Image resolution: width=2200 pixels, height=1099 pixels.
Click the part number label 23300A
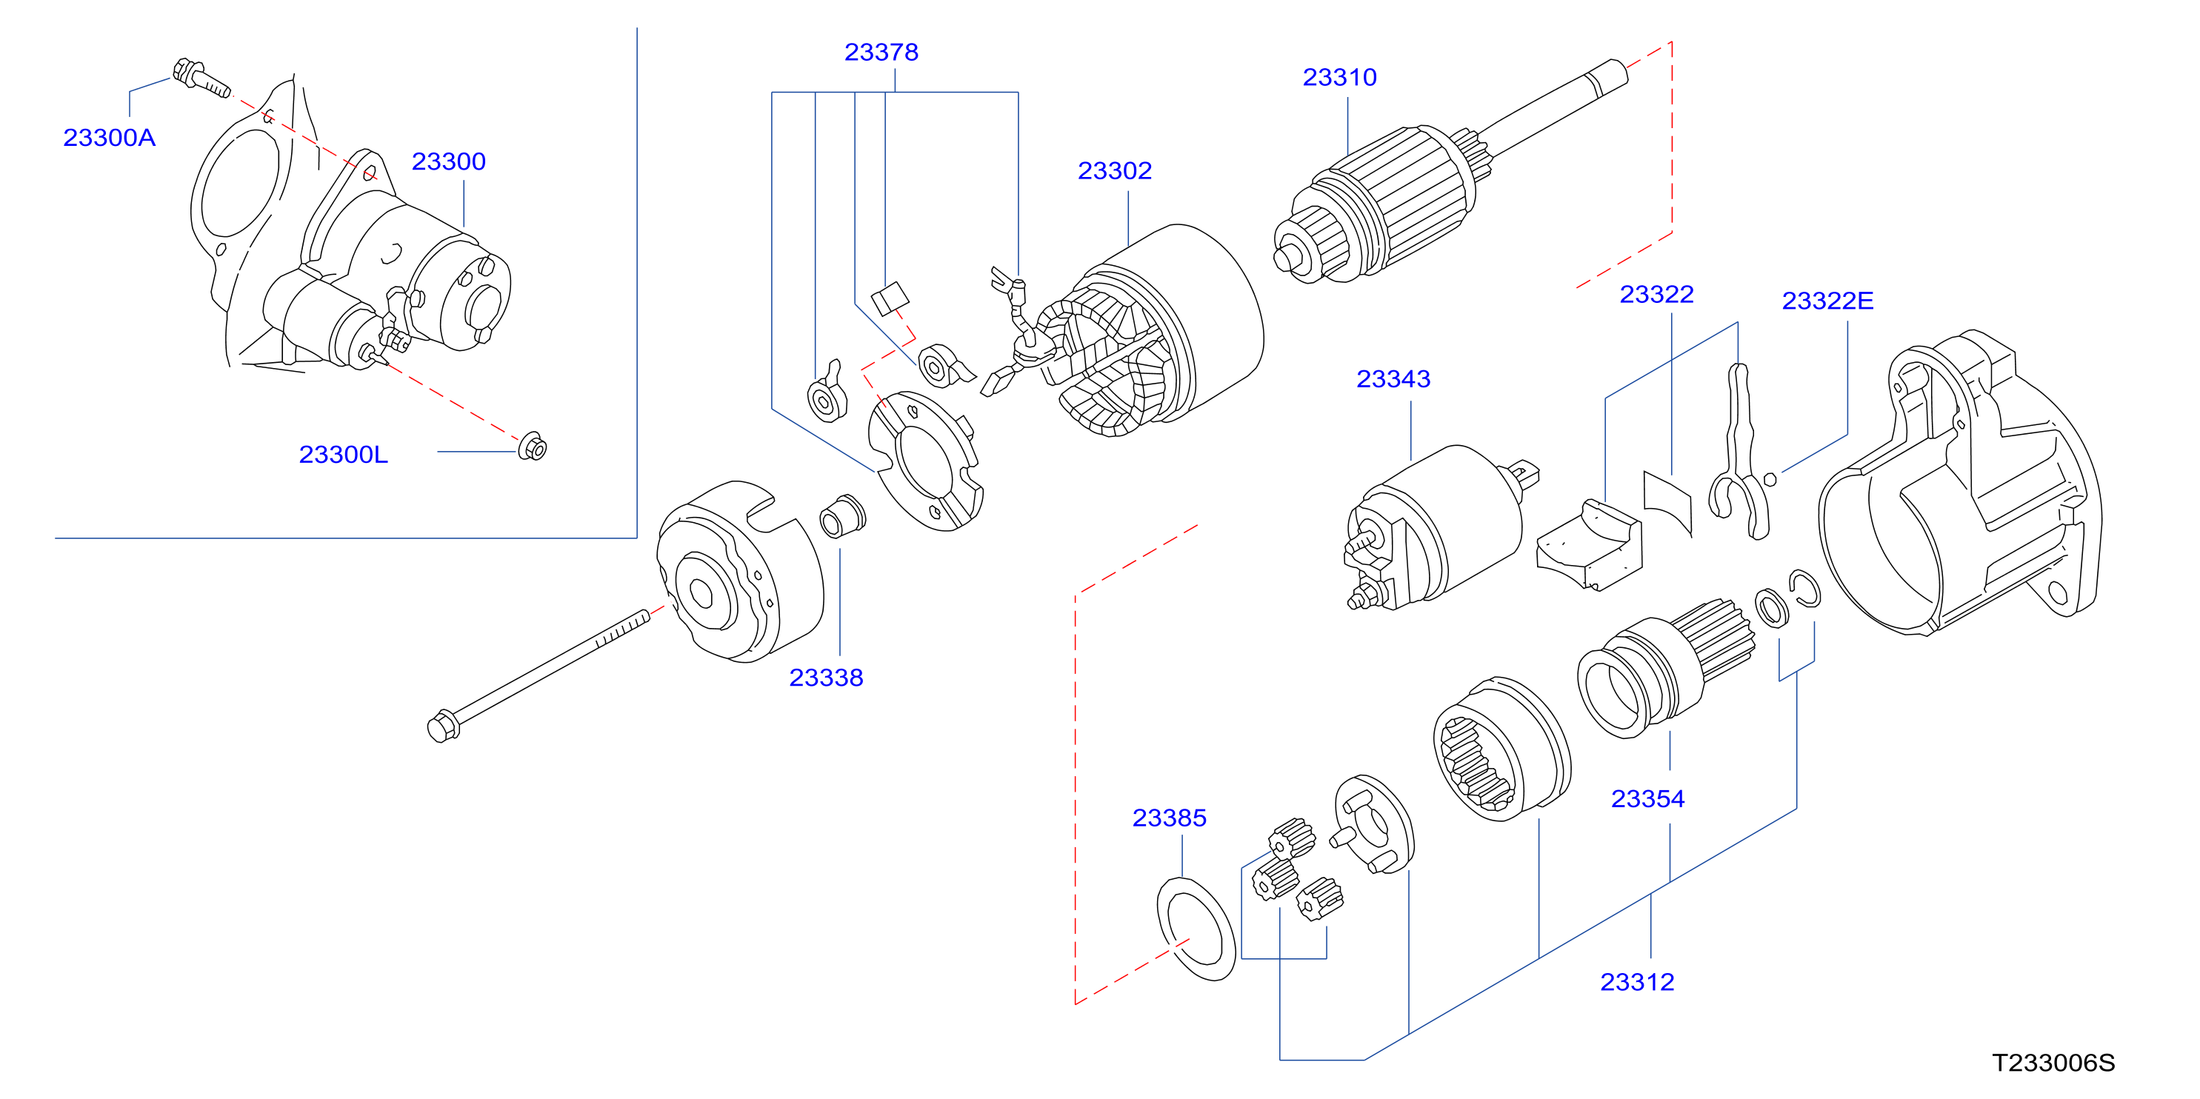110,138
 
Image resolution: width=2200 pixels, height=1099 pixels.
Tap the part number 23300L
343,454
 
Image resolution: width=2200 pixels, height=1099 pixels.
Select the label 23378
881,52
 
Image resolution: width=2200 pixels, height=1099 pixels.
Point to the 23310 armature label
1339,77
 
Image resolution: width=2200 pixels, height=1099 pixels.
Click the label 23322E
1827,301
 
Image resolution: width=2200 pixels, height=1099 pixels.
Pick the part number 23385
1169,818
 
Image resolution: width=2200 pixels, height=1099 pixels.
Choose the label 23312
1637,982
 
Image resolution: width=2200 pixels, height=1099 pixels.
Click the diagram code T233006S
2053,1063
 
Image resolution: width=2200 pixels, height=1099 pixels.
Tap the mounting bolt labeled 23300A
201,78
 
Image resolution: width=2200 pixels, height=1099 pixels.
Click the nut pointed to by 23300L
533,446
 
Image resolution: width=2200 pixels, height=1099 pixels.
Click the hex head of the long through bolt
442,726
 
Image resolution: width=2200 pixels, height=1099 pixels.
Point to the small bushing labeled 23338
842,515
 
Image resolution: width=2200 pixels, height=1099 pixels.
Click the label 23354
1647,799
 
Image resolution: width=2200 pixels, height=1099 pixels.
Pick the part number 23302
1115,171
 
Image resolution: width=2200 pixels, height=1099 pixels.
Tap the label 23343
1393,379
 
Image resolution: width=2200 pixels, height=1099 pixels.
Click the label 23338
826,678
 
